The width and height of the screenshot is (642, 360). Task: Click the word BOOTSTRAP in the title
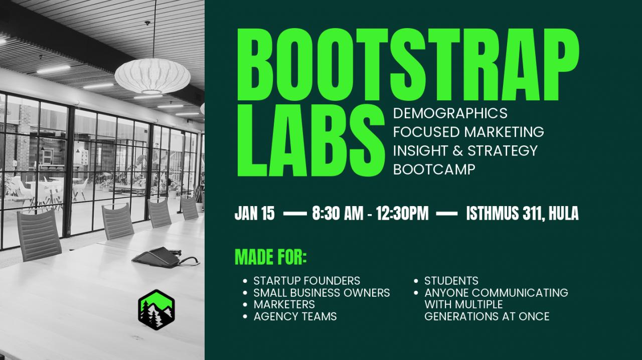click(408, 65)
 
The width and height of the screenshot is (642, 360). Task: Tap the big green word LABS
click(311, 140)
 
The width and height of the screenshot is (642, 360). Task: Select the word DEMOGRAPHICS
click(450, 113)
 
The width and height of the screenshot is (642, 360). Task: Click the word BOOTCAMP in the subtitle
click(434, 169)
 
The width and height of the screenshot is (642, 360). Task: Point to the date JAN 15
click(254, 214)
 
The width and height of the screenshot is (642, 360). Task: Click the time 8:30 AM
click(338, 214)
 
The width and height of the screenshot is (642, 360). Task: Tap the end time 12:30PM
click(402, 214)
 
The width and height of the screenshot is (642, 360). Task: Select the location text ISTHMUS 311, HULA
click(522, 214)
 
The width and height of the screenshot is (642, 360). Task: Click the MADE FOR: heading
click(271, 257)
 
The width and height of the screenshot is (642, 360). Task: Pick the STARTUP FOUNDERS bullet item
click(306, 281)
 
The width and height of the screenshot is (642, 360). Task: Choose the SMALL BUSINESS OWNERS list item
click(322, 293)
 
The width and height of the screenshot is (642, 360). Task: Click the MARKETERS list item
click(284, 304)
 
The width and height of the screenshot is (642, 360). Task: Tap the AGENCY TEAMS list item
click(295, 316)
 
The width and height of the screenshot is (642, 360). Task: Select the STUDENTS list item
click(451, 281)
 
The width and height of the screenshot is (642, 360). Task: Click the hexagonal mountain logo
click(156, 310)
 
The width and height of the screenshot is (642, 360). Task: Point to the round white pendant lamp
click(152, 76)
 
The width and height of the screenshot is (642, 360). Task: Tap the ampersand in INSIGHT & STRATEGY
click(458, 151)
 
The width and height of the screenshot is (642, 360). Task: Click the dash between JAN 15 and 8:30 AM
click(294, 214)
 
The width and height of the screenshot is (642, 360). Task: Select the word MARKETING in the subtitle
click(504, 132)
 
